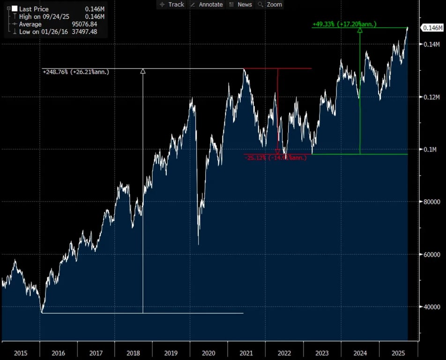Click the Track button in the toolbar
(x=172, y=4)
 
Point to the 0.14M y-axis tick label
(x=431, y=45)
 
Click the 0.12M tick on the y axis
(x=431, y=97)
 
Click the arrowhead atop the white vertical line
(x=143, y=71)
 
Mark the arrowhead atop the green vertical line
(x=360, y=30)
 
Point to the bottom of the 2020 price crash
(x=198, y=244)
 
